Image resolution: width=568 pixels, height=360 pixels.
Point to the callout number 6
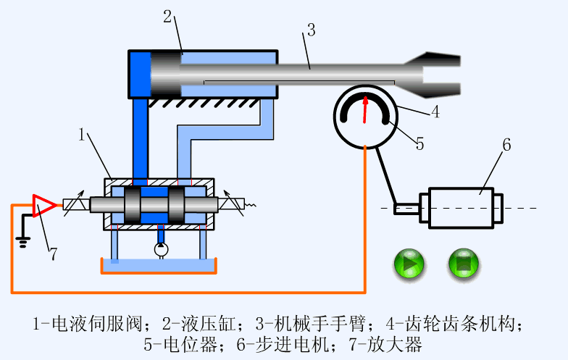coord(506,144)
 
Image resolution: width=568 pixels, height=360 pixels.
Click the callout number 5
coord(419,143)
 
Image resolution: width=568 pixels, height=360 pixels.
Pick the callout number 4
coord(435,112)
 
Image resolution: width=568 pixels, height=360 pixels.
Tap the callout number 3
coord(311,30)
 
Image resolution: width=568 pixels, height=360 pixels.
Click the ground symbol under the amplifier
coord(23,240)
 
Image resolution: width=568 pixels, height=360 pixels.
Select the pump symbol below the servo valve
coord(160,249)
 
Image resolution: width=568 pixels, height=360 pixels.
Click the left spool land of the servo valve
coord(133,205)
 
